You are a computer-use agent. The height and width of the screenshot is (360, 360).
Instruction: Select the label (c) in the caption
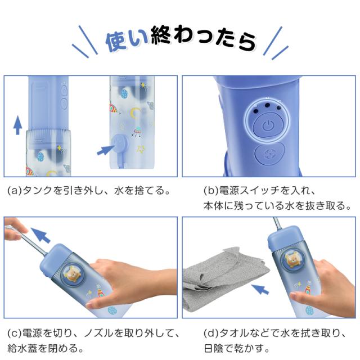click(x=14, y=332)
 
